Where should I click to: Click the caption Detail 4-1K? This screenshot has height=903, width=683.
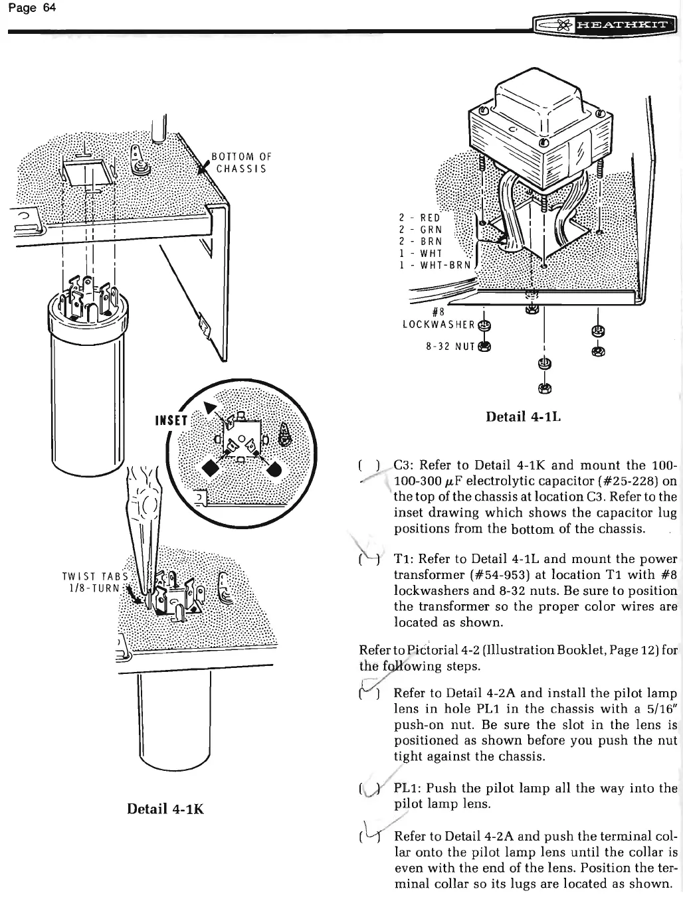pyautogui.click(x=165, y=809)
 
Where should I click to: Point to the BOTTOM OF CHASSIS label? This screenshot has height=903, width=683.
pyautogui.click(x=241, y=163)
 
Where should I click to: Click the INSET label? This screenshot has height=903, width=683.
pyautogui.click(x=172, y=420)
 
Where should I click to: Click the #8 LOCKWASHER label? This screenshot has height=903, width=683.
pyautogui.click(x=439, y=319)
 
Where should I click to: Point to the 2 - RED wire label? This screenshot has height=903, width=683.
pyautogui.click(x=419, y=217)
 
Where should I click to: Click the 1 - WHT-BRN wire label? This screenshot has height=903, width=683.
pyautogui.click(x=435, y=265)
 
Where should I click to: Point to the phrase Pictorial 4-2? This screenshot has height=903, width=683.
pyautogui.click(x=435, y=650)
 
